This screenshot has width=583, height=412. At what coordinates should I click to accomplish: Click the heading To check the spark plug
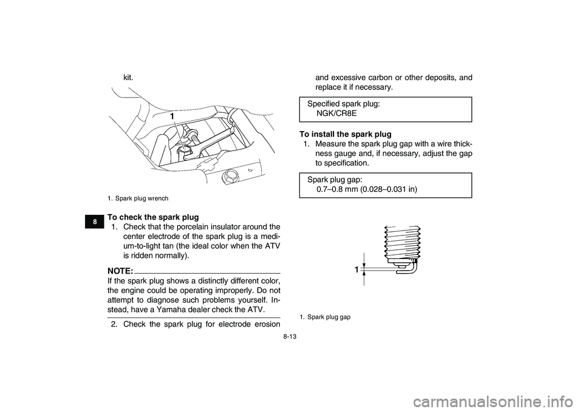[152, 217]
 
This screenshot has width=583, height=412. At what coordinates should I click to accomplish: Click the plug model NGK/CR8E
[336, 113]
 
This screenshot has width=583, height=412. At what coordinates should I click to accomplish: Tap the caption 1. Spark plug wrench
[138, 198]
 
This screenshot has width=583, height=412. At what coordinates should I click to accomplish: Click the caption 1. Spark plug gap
[325, 317]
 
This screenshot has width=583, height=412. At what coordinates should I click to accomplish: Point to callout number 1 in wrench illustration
[172, 115]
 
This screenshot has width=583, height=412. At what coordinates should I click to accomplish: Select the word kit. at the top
[128, 78]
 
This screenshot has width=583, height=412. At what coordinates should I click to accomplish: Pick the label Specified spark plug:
[344, 104]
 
